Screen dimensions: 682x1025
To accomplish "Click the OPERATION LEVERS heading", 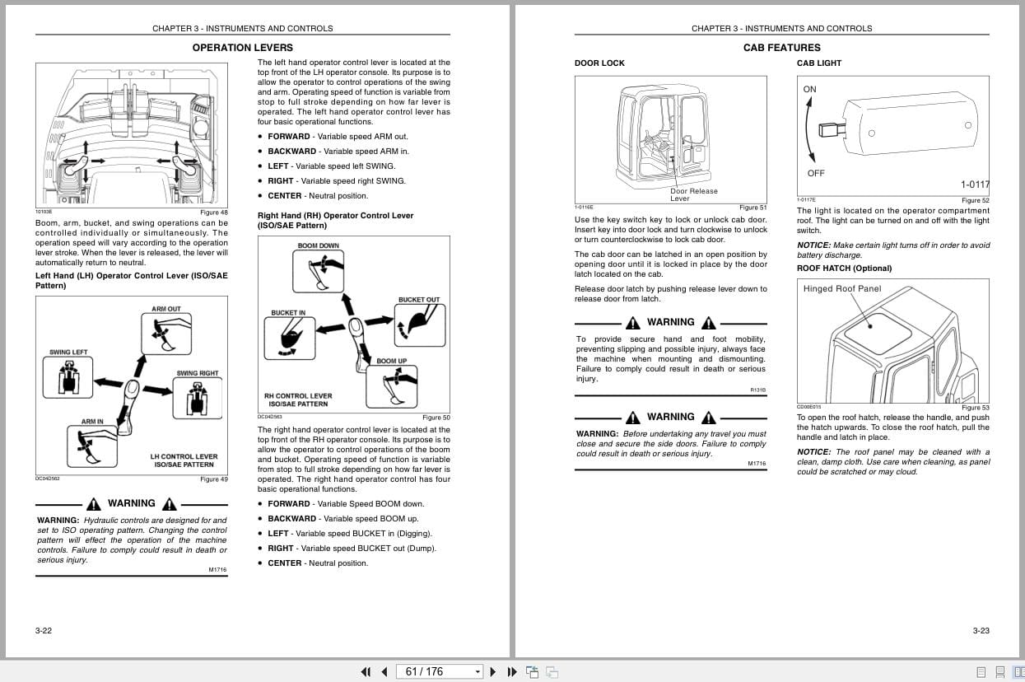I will tap(242, 48).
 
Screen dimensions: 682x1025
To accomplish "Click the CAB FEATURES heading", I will tap(781, 48).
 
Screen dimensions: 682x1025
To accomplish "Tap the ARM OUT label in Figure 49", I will tap(166, 309).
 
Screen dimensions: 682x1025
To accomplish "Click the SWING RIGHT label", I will tap(198, 373).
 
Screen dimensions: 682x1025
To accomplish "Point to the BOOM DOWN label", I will tap(319, 245).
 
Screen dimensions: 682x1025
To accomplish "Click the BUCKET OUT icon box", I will tap(419, 324).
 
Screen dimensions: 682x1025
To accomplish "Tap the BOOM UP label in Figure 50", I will tap(391, 361).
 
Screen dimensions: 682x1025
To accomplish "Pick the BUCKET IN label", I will tap(288, 313).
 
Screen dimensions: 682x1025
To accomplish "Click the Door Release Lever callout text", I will tap(693, 194).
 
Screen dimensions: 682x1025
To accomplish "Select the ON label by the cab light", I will tap(810, 89).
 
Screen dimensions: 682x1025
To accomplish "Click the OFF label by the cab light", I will tap(816, 173).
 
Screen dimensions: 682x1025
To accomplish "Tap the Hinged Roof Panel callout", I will tap(842, 288).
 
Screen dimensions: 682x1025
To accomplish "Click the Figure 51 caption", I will tap(752, 208).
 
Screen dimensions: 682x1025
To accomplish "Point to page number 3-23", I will tap(981, 631).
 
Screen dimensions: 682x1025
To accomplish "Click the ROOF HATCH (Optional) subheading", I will tap(844, 269).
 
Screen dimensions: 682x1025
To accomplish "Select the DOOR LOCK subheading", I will tap(599, 63).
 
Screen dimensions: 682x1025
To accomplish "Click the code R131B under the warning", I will tap(757, 390).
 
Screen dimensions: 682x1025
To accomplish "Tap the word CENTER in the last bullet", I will tap(284, 563).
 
